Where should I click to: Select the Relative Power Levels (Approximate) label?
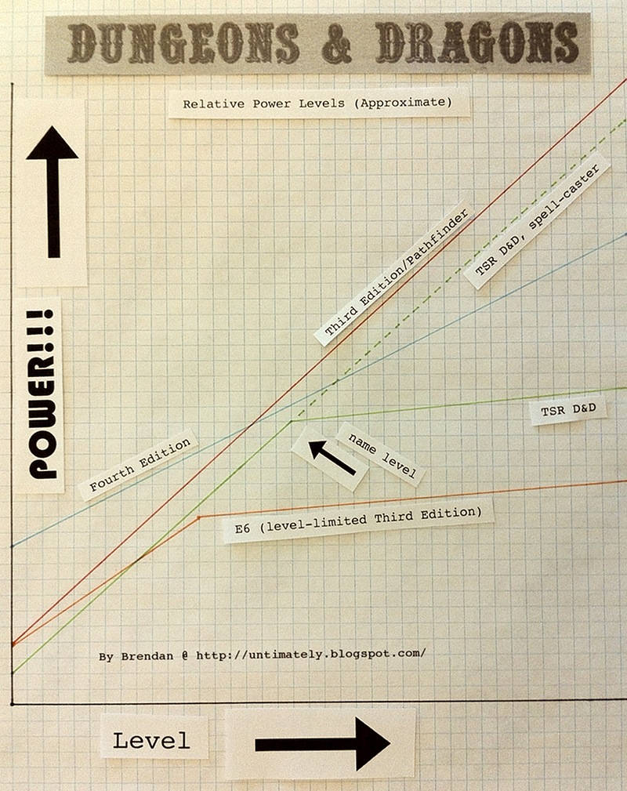point(318,103)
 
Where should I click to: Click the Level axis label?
point(151,741)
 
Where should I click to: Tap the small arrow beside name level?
point(331,458)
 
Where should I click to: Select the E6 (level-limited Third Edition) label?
point(359,521)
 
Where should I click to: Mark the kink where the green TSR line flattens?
point(292,421)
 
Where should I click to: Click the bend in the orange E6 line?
point(200,517)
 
